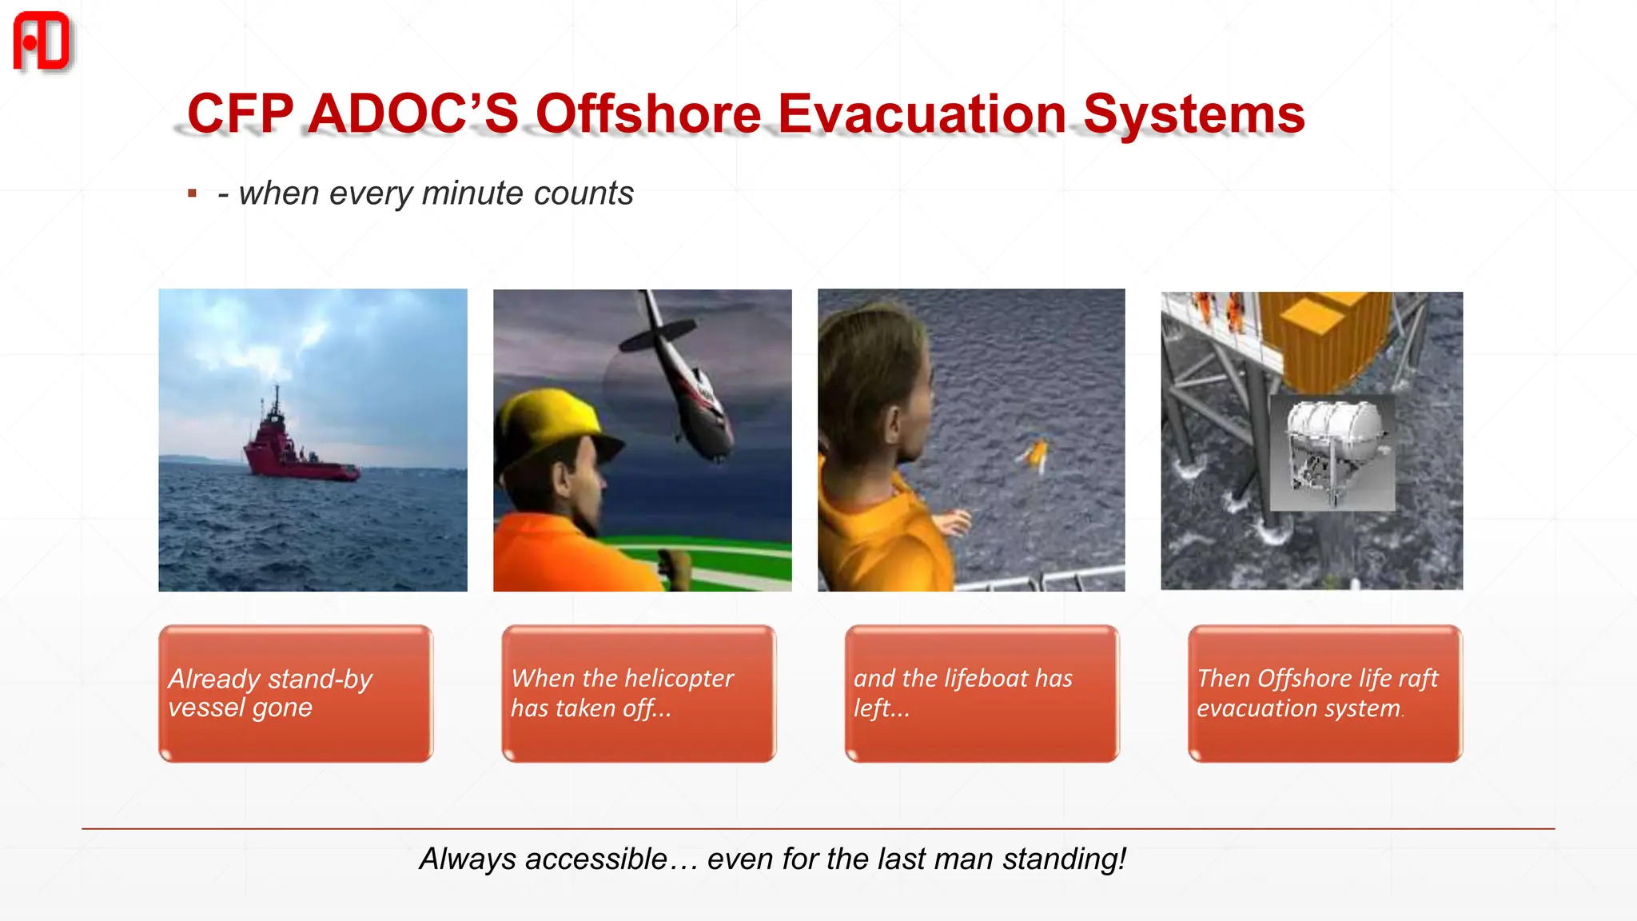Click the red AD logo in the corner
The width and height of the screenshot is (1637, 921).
42,42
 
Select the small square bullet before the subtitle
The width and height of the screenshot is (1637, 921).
192,193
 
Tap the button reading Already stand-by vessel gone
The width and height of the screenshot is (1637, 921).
296,693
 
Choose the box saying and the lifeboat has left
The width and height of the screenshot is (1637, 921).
982,693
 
